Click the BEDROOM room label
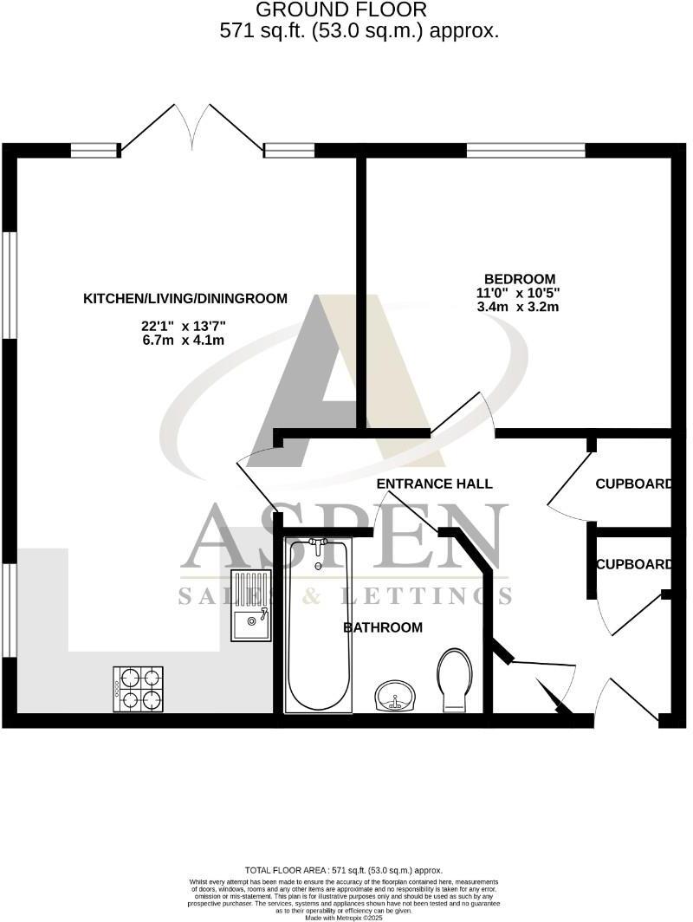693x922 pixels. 519,278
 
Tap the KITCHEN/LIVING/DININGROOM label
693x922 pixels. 185,299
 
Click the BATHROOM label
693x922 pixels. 383,627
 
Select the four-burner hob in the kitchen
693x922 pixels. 139,688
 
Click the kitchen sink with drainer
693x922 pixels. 250,607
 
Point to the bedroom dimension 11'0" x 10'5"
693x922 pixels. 519,293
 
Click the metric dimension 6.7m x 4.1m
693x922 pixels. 184,341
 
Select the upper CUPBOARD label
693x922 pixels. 633,484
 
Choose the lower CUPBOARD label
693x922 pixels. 633,564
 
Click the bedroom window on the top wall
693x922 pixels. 525,150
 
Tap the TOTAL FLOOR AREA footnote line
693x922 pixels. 344,870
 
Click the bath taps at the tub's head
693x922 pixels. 319,545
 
